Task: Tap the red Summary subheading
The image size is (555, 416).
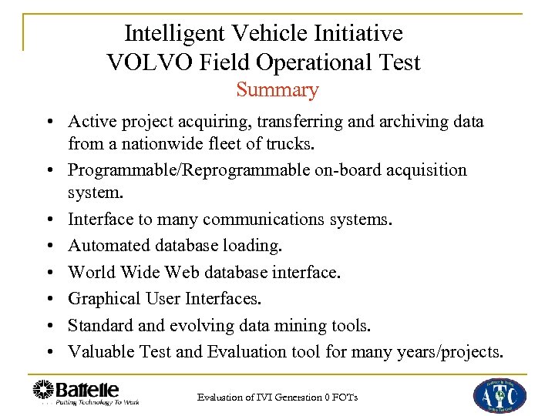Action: (277, 90)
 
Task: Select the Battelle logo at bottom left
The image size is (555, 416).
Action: (86, 392)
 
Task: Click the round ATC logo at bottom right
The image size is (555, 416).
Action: (499, 394)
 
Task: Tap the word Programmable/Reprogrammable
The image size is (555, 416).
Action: (189, 169)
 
